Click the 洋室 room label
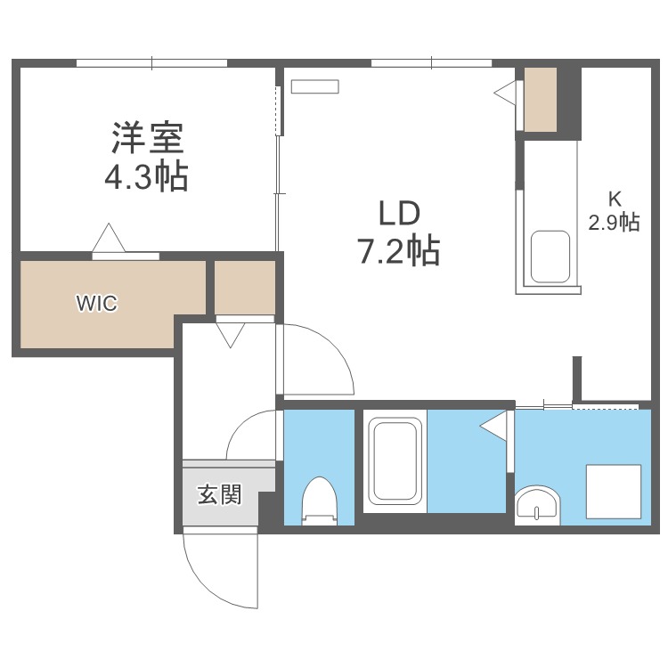click(147, 138)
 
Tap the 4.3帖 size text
click(146, 176)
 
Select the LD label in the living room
click(399, 214)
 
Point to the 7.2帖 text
click(400, 251)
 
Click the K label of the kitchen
click(614, 199)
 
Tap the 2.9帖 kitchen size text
click(614, 222)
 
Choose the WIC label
click(96, 304)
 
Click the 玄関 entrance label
click(219, 494)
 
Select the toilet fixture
click(319, 501)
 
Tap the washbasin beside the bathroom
click(537, 505)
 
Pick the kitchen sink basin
click(550, 257)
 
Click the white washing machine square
click(614, 492)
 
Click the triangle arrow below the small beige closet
click(230, 335)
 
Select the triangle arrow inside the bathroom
click(493, 426)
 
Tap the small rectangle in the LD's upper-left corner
click(314, 86)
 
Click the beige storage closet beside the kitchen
click(541, 100)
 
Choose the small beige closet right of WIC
click(245, 288)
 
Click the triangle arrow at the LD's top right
click(505, 92)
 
